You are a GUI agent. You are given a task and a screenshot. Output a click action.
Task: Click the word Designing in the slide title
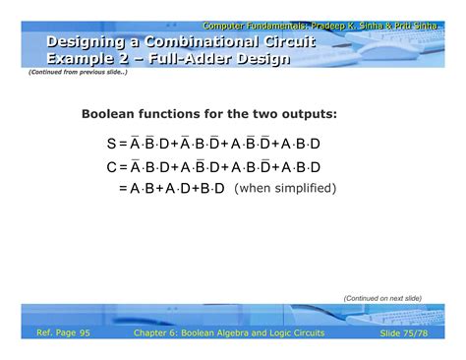(x=79, y=41)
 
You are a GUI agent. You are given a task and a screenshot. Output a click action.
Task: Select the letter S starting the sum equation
(x=112, y=144)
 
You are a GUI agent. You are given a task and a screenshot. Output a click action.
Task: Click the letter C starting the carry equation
(x=112, y=167)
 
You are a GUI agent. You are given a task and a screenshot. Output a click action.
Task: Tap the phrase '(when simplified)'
(x=285, y=188)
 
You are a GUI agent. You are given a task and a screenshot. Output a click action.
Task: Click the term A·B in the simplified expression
(x=146, y=188)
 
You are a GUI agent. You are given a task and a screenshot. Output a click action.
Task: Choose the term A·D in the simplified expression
(x=180, y=188)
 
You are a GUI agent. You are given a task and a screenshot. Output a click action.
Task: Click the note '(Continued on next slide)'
(x=382, y=298)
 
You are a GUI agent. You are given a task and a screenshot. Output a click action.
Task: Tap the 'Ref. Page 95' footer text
(x=63, y=333)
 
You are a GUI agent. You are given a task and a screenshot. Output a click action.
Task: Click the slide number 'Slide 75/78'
(x=404, y=333)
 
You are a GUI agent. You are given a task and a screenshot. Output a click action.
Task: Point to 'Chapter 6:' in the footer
(x=155, y=333)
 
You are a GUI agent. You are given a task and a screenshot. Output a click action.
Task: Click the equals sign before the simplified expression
(x=123, y=188)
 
